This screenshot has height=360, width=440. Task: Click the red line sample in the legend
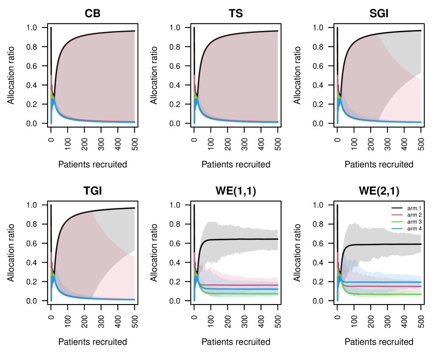pyautogui.click(x=397, y=215)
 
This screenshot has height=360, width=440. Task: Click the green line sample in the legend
pyautogui.click(x=397, y=222)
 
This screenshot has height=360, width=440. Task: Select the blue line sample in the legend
pyautogui.click(x=397, y=229)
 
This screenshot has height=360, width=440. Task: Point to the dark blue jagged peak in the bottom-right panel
pyautogui.click(x=344, y=257)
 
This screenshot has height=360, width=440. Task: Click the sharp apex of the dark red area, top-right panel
pyautogui.click(x=378, y=35)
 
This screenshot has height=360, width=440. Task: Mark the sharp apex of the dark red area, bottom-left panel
pyautogui.click(x=92, y=212)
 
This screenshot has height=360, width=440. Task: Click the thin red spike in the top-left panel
pyautogui.click(x=51, y=78)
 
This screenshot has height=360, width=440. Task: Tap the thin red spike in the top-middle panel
pyautogui.click(x=194, y=78)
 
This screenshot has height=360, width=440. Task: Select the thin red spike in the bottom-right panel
pyautogui.click(x=337, y=256)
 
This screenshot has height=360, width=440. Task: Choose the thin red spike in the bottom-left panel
pyautogui.click(x=51, y=256)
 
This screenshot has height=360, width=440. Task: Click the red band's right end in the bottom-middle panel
pyautogui.click(x=277, y=280)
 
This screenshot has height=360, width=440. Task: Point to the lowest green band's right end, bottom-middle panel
pyautogui.click(x=277, y=295)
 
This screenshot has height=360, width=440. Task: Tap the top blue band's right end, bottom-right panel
pyautogui.click(x=420, y=278)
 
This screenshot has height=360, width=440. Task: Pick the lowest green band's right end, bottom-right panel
pyautogui.click(x=420, y=295)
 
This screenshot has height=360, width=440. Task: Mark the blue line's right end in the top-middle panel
pyautogui.click(x=277, y=122)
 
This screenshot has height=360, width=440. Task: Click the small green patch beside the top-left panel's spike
pyautogui.click(x=52, y=96)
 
